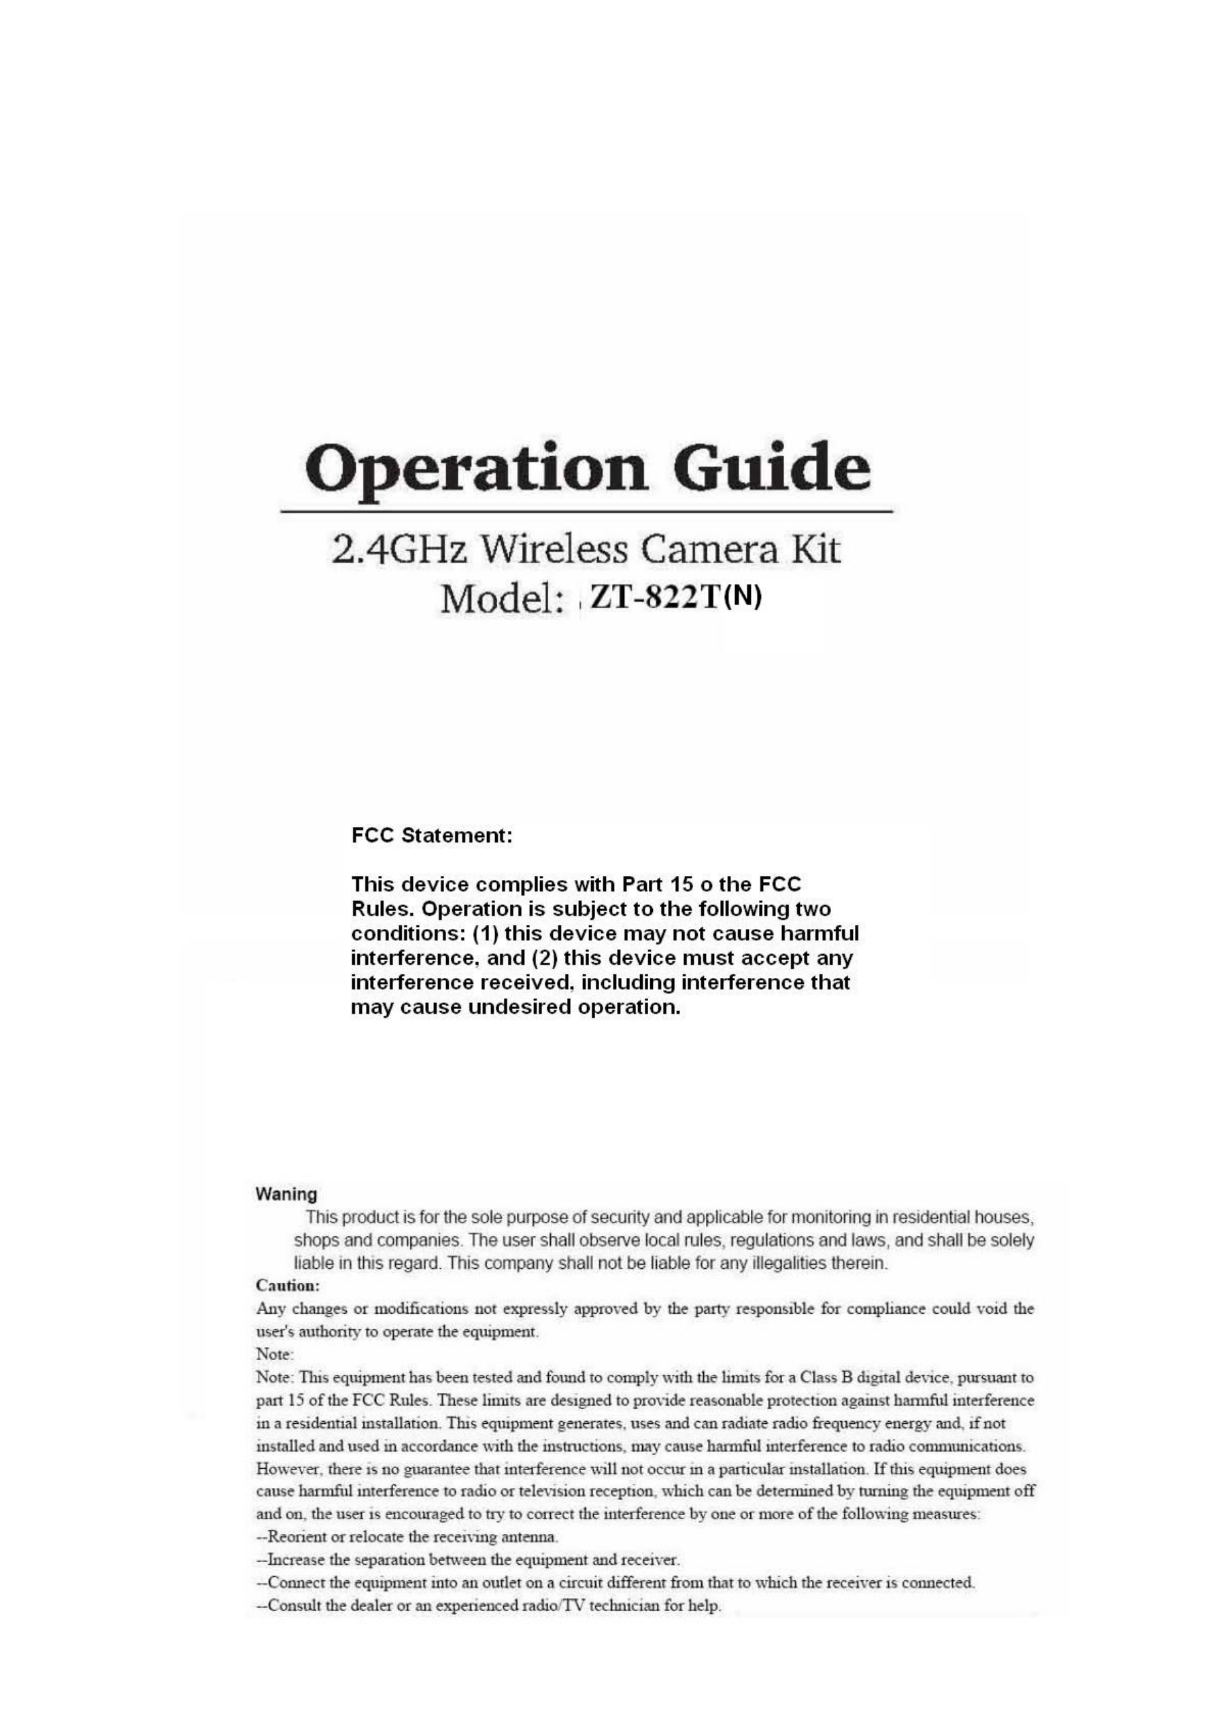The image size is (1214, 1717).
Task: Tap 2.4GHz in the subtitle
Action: [399, 550]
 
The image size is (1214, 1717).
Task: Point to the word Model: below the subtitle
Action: [502, 598]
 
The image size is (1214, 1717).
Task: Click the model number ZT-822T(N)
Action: [675, 597]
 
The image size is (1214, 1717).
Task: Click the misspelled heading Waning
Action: [286, 1194]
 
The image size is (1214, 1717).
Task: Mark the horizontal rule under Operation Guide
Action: [586, 511]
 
